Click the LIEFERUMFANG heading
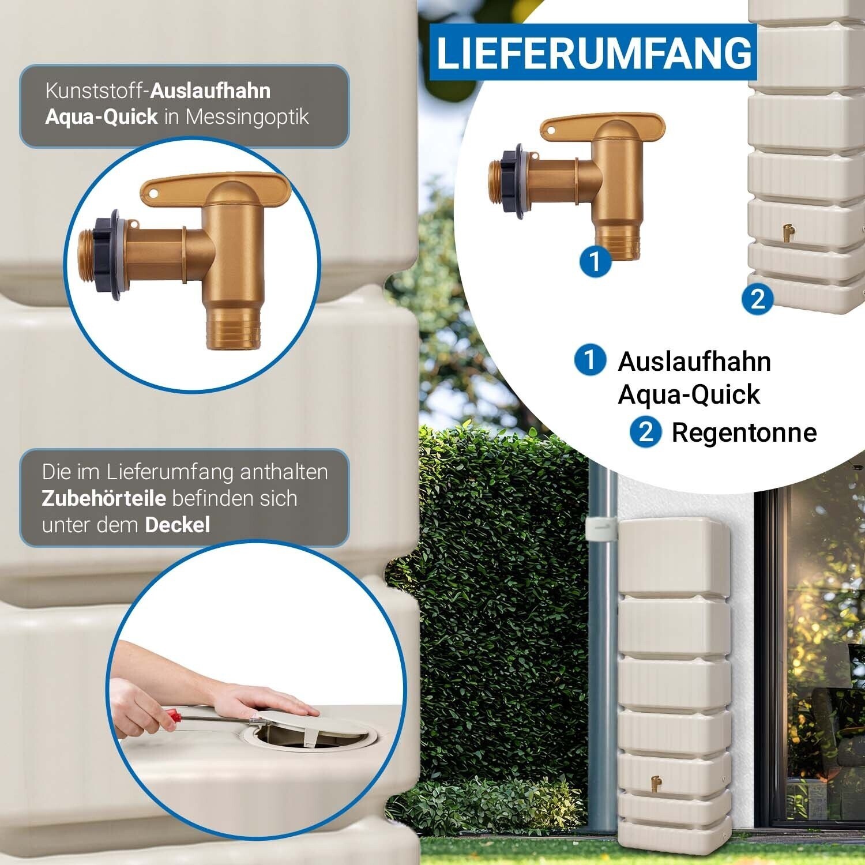point(595,52)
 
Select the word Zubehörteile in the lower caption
point(104,498)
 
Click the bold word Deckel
point(178,525)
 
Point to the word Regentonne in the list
point(744,433)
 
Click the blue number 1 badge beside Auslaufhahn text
point(590,360)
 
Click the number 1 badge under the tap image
point(595,261)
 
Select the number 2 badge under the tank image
point(757,299)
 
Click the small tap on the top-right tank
point(788,232)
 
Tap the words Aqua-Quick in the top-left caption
point(101,117)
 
